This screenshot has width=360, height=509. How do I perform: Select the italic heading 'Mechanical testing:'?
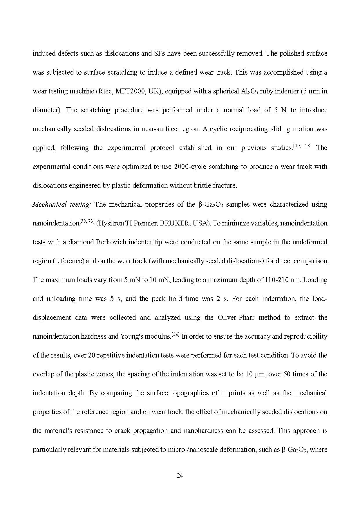(x=62, y=204)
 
